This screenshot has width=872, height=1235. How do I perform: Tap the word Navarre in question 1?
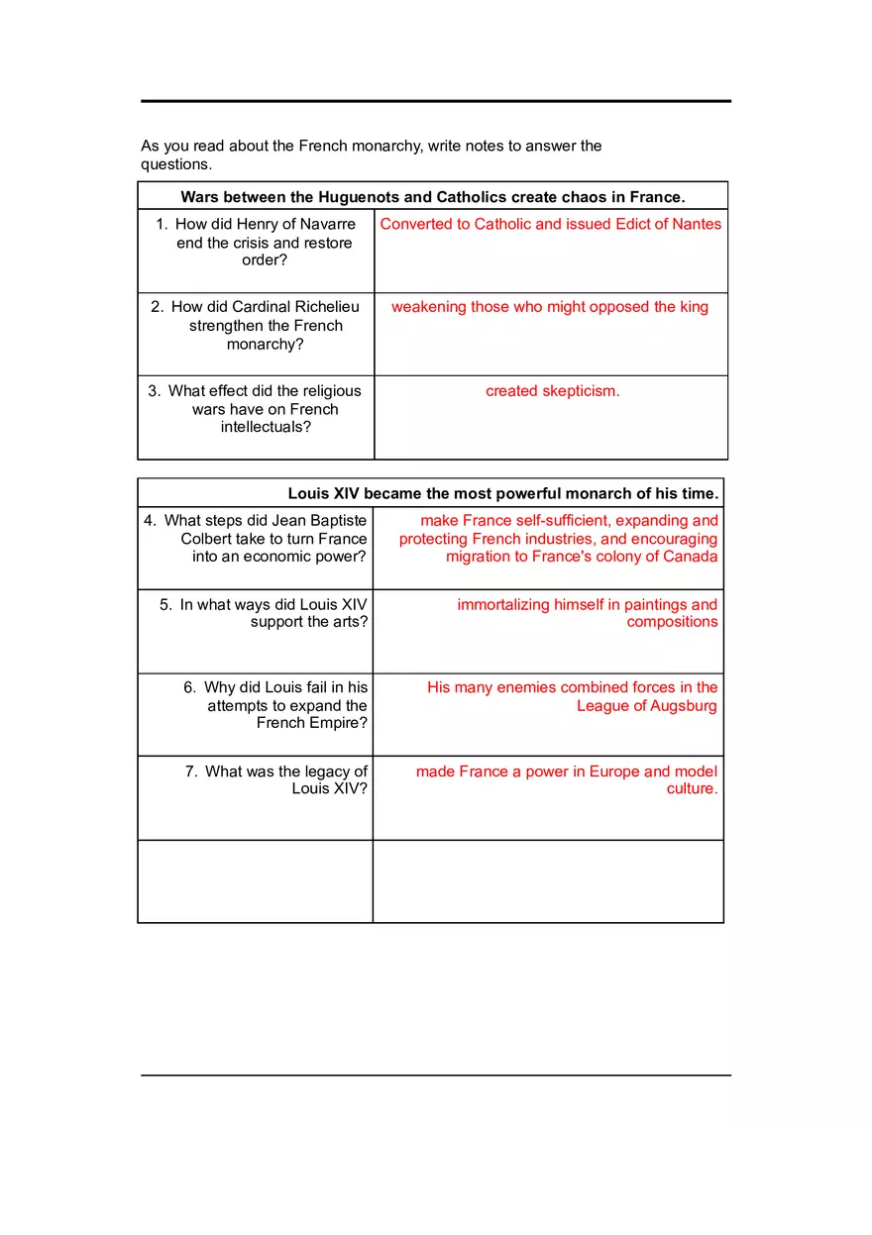pyautogui.click(x=324, y=224)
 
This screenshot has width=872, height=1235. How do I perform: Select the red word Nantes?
pyautogui.click(x=697, y=224)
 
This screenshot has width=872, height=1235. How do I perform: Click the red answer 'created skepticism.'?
pyautogui.click(x=552, y=391)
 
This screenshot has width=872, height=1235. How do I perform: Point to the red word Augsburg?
pyautogui.click(x=683, y=706)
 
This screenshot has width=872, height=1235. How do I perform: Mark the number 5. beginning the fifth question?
pyautogui.click(x=165, y=604)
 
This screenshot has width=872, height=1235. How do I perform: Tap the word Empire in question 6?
pyautogui.click(x=336, y=723)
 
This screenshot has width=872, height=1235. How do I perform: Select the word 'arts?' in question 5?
pyautogui.click(x=347, y=622)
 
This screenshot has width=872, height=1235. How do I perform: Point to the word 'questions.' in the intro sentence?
pyautogui.click(x=176, y=164)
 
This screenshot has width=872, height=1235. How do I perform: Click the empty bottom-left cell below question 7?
pyautogui.click(x=255, y=881)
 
